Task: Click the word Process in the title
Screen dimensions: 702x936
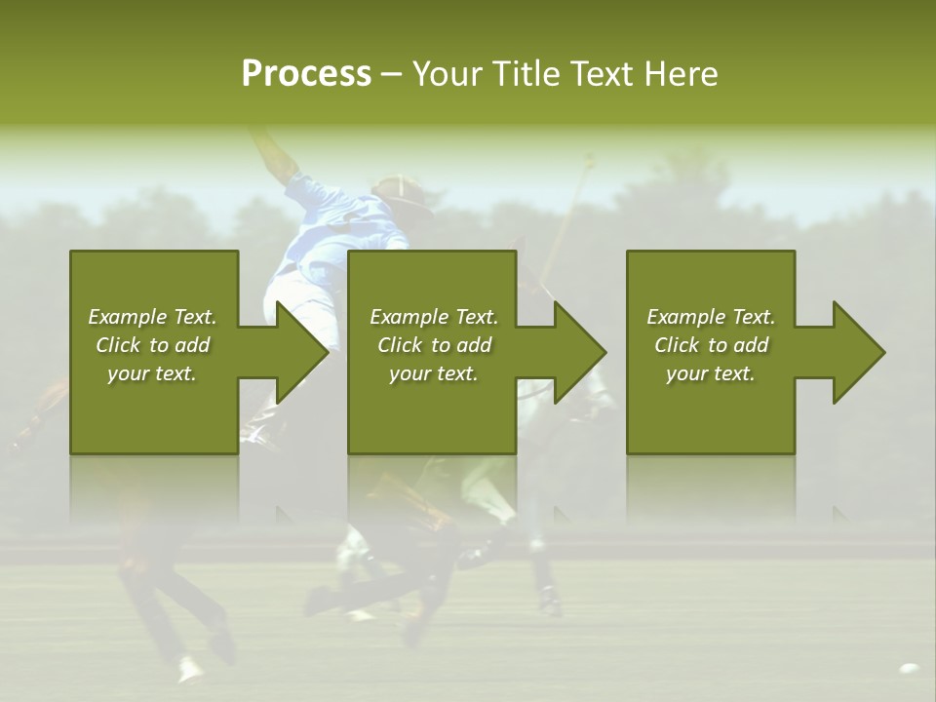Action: [306, 74]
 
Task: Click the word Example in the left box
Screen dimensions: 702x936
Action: [127, 317]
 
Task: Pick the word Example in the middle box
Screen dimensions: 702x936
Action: [409, 317]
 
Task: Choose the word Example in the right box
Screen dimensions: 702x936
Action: [685, 317]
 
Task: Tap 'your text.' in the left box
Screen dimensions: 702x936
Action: [152, 373]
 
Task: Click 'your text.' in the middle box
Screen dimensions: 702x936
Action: [434, 373]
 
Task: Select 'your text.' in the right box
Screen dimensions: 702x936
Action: [711, 373]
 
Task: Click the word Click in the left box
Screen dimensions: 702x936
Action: [119, 345]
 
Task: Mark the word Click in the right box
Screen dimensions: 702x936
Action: [678, 345]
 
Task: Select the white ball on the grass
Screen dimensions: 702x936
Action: [909, 669]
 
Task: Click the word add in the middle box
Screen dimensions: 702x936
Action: [474, 345]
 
